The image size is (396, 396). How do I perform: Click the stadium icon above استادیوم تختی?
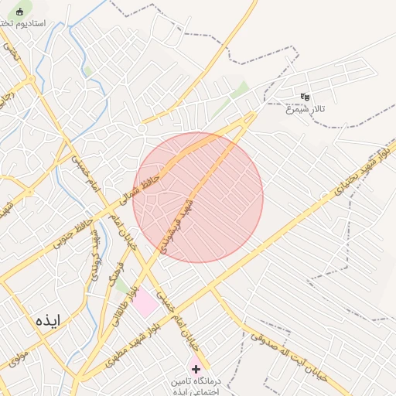point(20,12)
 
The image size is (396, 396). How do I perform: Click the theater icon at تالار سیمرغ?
point(305,97)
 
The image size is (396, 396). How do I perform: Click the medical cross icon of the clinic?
point(195,370)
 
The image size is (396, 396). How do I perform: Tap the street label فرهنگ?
point(116,270)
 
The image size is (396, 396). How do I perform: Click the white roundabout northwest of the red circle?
point(142,126)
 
